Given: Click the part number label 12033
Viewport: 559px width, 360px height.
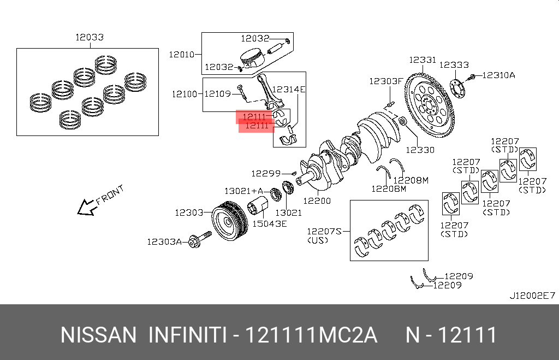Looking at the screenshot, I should [x=90, y=38].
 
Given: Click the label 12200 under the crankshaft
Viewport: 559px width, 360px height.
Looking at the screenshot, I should [x=317, y=200].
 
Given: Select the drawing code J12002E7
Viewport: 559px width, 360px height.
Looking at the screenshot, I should [x=532, y=296].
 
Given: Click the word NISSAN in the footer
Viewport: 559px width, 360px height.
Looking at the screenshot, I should [x=98, y=335].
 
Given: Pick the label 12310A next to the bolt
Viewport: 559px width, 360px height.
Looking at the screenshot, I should [x=497, y=75].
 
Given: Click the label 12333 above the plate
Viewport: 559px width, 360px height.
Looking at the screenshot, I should [x=454, y=64].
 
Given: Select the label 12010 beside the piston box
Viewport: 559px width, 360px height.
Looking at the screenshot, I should [x=181, y=54].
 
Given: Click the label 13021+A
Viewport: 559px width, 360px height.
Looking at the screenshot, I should [x=243, y=191].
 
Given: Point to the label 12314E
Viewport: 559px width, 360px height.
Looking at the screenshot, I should [x=288, y=89].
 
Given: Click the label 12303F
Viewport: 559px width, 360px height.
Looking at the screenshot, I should [x=385, y=81].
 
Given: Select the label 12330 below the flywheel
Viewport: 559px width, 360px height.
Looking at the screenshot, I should [x=420, y=149].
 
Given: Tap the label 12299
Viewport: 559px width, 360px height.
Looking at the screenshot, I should [x=266, y=173].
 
